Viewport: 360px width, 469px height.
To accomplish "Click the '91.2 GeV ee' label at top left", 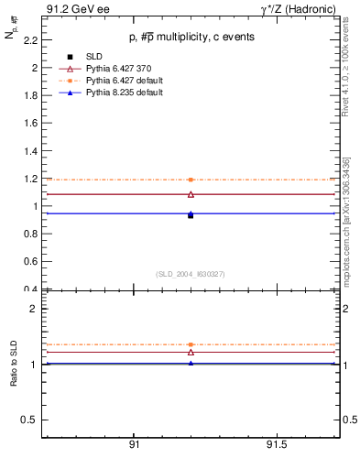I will pyautogui.click(x=72, y=10).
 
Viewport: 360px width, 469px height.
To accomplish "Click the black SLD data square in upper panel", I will pyautogui.click(x=191, y=215).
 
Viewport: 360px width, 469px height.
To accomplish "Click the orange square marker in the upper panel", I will pyautogui.click(x=191, y=180).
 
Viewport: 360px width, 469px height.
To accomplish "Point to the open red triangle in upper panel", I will pyautogui.click(x=191, y=194).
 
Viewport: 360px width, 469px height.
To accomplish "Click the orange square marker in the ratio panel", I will pyautogui.click(x=191, y=344).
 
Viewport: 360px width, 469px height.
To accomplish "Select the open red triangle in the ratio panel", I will pyautogui.click(x=191, y=352).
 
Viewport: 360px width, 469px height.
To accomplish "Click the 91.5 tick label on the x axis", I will pyautogui.click(x=277, y=445).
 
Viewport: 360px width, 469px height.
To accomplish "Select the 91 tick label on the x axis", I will pyautogui.click(x=134, y=445).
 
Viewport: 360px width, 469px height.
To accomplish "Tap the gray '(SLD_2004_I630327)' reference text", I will pyautogui.click(x=190, y=274).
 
